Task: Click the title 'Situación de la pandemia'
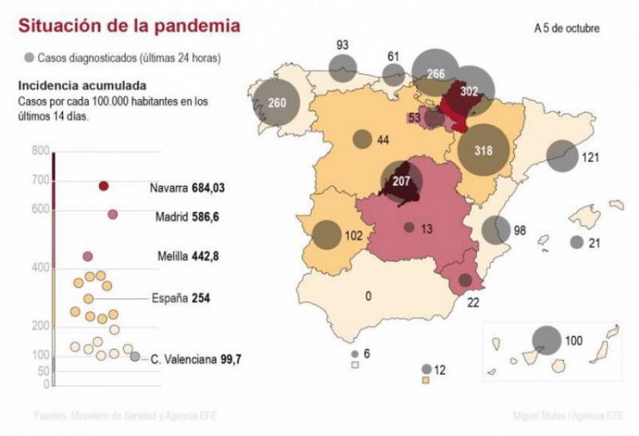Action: coord(130,26)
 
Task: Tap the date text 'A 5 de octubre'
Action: coord(567,28)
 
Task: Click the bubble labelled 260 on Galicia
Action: coord(277,103)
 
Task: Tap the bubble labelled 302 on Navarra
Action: coord(470,92)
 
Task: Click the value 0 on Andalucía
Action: coord(367,295)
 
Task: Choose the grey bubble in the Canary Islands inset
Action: coord(547,340)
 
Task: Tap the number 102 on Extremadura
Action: coord(353,235)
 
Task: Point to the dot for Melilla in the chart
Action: coord(87,256)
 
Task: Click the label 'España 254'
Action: coord(179,298)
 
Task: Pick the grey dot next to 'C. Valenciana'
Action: coord(135,357)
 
